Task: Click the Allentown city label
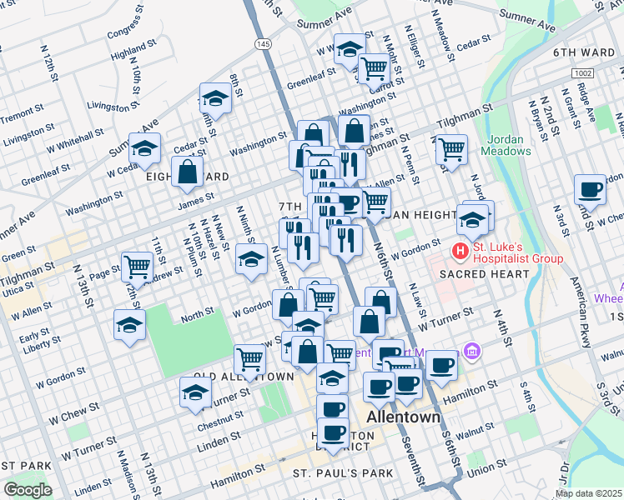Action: pos(404,416)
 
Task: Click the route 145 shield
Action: pos(264,43)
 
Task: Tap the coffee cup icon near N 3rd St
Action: pos(590,190)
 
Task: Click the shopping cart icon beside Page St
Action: pos(137,267)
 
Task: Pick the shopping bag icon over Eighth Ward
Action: pos(187,172)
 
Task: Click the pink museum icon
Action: pos(473,352)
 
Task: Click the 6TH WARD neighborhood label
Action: pos(583,52)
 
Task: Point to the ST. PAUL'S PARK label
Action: pos(342,473)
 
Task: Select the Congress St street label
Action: pos(125,31)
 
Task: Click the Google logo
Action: pos(28,490)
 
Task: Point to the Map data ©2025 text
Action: pos(588,493)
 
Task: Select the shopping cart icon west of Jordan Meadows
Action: pos(450,150)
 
